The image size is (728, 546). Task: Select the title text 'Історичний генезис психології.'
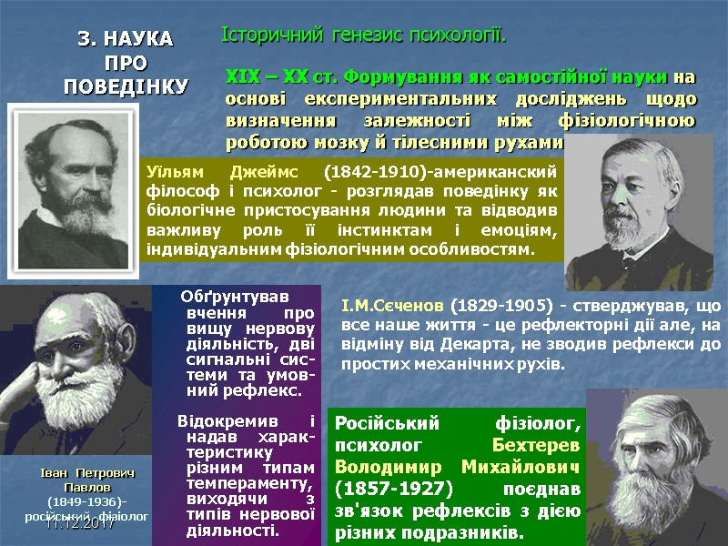363,35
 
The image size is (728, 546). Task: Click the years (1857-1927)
379,489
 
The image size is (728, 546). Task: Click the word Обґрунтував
233,297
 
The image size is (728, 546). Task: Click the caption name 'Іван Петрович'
87,475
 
